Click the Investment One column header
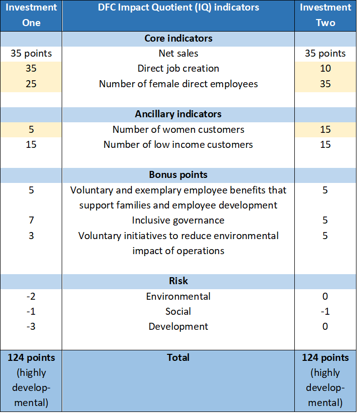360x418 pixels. [31, 16]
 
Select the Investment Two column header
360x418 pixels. [325, 16]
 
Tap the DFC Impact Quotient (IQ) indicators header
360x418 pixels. [178, 8]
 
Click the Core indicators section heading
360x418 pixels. [178, 39]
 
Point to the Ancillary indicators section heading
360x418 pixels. [178, 114]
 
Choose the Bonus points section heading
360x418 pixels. [178, 175]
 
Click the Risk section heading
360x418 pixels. [178, 281]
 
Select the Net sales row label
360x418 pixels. [178, 53]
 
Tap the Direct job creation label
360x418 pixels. [178, 68]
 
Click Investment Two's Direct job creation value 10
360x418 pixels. [325, 68]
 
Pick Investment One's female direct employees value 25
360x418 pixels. [31, 84]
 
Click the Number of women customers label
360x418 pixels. [178, 129]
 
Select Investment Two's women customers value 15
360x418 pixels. [325, 129]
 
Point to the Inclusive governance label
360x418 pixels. [178, 221]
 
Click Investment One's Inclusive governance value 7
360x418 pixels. [31, 221]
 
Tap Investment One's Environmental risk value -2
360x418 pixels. [31, 296]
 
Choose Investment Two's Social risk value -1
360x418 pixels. [325, 311]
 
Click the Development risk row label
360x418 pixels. [178, 326]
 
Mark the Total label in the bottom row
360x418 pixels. [178, 357]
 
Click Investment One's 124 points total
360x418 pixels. [31, 357]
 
